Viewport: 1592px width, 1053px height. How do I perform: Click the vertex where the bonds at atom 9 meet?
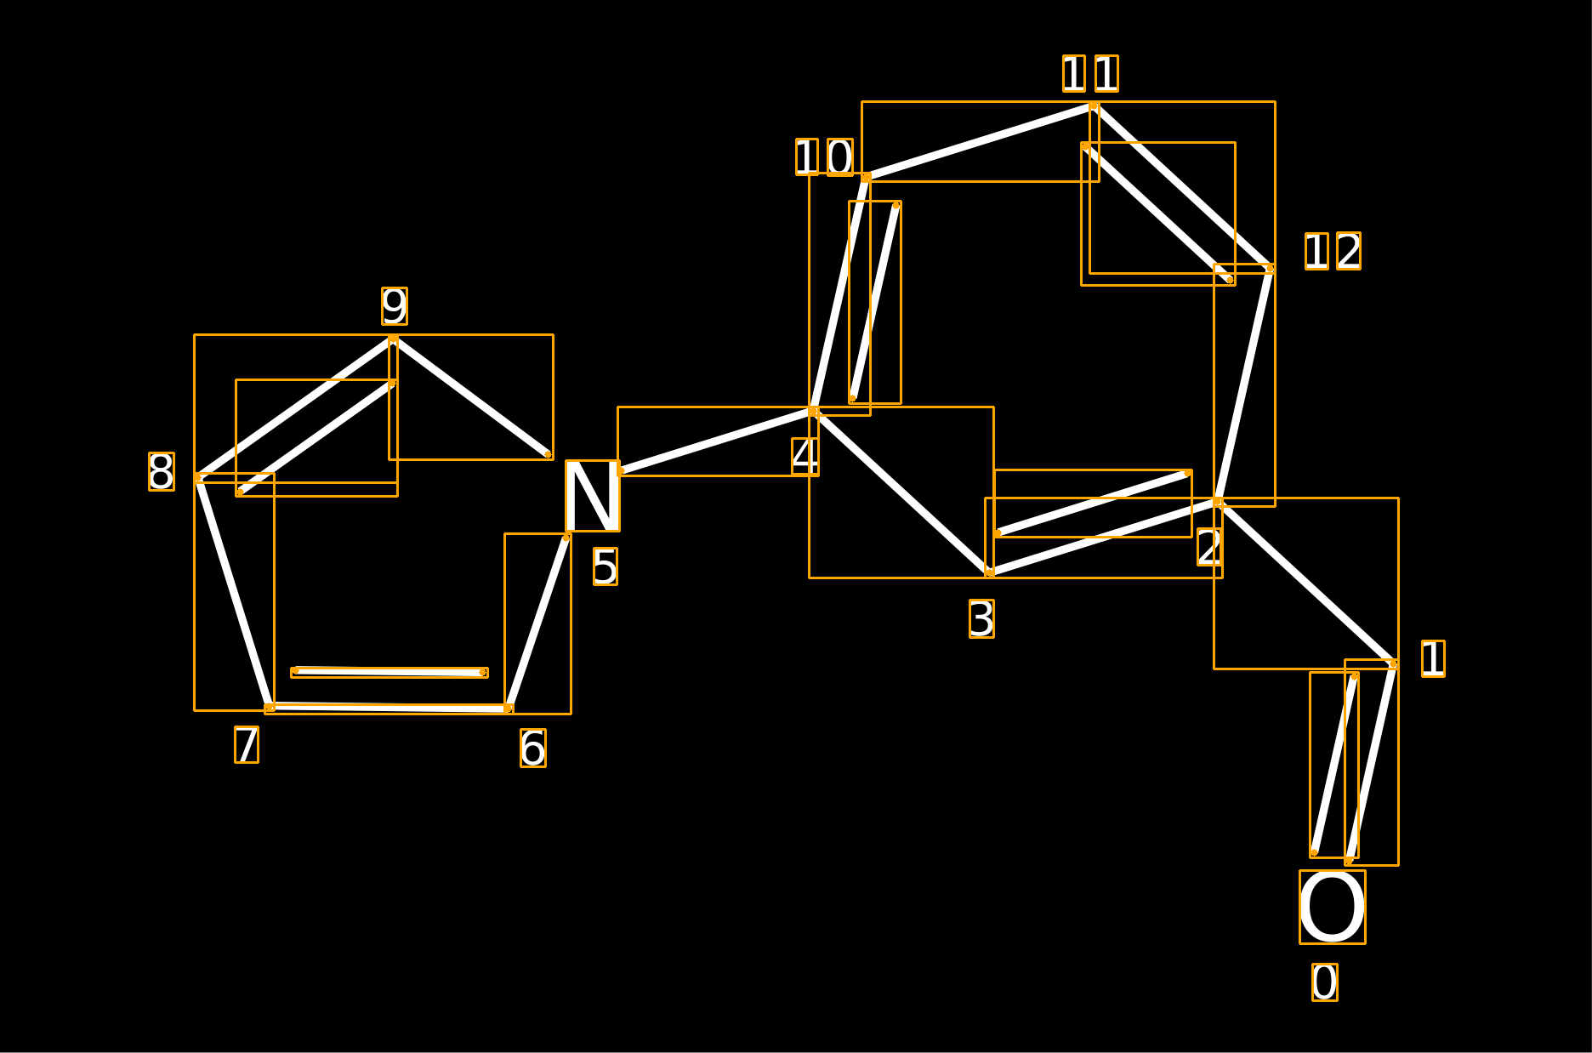click(393, 339)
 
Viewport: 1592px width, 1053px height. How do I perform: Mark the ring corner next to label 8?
click(198, 478)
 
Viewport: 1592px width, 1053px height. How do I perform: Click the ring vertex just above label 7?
click(270, 707)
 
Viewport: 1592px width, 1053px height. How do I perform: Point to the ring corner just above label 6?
click(509, 709)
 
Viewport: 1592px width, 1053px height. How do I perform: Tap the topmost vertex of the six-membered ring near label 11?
click(1094, 106)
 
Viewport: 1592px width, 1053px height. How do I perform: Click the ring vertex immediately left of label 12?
click(1270, 269)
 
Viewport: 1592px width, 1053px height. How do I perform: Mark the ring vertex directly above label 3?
click(989, 573)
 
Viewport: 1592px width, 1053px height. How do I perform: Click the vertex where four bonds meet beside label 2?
click(1218, 502)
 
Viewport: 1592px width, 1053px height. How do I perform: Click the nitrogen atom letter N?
click(593, 496)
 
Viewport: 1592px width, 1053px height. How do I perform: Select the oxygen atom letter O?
click(1333, 907)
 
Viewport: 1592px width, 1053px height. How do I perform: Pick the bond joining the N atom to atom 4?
click(717, 441)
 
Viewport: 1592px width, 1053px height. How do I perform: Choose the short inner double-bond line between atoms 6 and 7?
click(389, 672)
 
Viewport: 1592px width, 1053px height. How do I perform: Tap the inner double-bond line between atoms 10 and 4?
click(874, 302)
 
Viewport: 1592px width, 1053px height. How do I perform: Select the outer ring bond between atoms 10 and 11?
click(980, 142)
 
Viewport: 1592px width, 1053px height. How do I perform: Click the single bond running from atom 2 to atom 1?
click(1305, 583)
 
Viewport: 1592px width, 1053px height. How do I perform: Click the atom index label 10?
click(824, 157)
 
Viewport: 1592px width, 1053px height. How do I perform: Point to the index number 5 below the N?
click(606, 566)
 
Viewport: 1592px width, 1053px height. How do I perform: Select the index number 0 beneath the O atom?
click(1325, 982)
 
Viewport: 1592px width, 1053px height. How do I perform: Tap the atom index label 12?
click(1333, 251)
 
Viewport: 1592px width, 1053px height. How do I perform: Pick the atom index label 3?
click(981, 618)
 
